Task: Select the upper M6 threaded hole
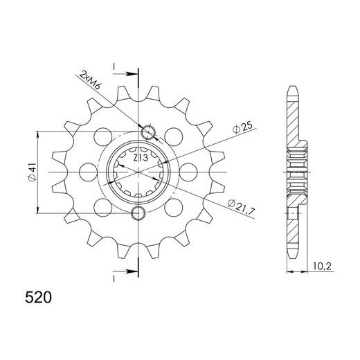[x=147, y=132]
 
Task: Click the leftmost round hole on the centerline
[x=87, y=171]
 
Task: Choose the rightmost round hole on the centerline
[x=190, y=171]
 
